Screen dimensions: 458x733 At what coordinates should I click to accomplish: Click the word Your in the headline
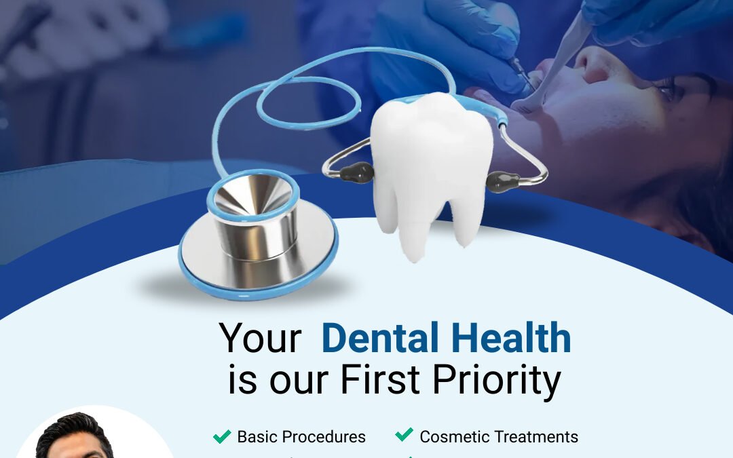coord(260,337)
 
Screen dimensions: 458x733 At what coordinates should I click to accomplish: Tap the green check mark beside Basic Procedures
coord(222,436)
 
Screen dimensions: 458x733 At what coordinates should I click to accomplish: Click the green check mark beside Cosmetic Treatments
coord(405,435)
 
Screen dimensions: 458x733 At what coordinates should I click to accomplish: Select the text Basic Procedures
coord(301,436)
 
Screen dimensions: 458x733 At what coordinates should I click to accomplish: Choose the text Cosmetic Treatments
coord(499,436)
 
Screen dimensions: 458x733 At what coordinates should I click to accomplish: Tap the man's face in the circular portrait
coord(75,444)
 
